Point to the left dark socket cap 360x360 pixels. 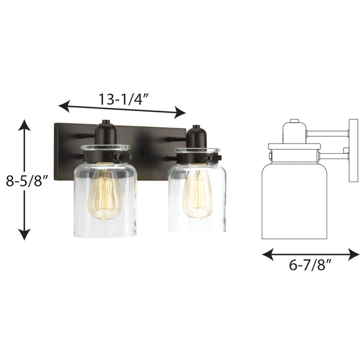tap(105, 133)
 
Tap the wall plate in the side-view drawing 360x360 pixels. tap(353, 151)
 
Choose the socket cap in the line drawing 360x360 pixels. tap(294, 132)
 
